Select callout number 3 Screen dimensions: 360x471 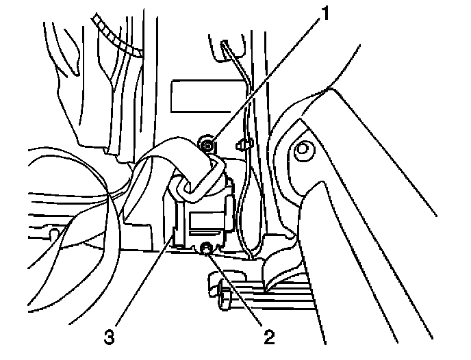pos(109,336)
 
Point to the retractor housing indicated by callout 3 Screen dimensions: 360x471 pos(205,219)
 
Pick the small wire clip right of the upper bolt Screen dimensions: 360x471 pos(242,144)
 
